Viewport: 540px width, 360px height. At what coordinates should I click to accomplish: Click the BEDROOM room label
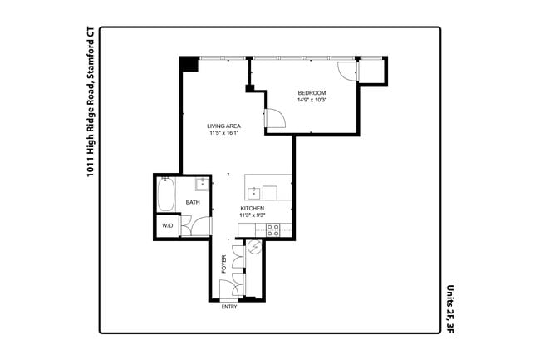312,92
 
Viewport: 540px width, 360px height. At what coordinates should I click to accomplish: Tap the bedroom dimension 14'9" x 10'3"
312,100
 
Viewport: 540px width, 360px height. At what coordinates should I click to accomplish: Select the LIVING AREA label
224,126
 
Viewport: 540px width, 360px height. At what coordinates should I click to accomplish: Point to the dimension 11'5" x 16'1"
224,133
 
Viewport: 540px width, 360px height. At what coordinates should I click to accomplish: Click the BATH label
193,202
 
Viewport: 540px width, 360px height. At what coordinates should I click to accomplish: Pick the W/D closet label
167,225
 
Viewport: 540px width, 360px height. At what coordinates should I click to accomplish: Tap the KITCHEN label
252,208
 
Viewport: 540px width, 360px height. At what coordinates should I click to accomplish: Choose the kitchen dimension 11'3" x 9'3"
252,215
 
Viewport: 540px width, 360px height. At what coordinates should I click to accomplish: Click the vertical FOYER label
223,264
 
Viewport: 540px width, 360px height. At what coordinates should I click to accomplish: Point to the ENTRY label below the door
229,307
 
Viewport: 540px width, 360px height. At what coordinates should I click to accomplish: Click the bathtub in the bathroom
166,196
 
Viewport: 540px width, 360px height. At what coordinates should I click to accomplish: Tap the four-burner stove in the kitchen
272,229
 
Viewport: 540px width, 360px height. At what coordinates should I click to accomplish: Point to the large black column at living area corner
189,64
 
